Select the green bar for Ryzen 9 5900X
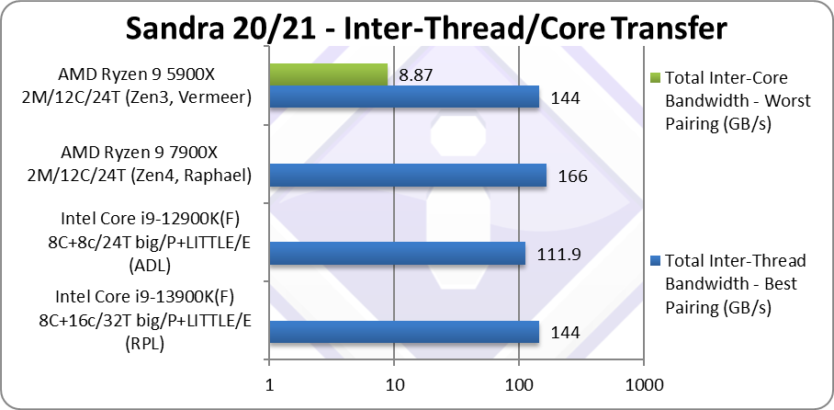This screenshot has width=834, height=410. point(328,74)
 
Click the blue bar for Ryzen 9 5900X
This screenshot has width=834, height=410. point(404,97)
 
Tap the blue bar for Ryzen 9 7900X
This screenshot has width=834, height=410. point(408,175)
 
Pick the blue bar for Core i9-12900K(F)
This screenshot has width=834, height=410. point(397,253)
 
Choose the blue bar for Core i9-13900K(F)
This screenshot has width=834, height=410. point(404,331)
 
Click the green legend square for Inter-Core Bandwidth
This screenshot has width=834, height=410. point(654,77)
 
